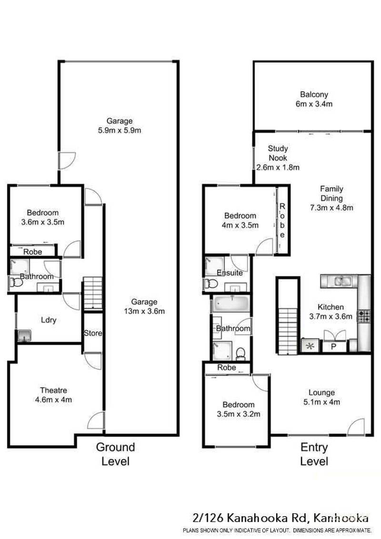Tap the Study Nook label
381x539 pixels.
[278, 158]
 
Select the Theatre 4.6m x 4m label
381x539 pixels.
[56, 395]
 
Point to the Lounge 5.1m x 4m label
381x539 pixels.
[321, 397]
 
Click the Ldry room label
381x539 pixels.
[49, 320]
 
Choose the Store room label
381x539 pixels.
[93, 333]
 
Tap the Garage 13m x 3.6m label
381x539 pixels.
[144, 307]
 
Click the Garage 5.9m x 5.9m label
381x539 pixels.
[119, 125]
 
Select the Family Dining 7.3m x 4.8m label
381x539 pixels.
[331, 198]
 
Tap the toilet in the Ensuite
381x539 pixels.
[211, 284]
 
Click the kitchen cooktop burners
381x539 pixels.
[364, 316]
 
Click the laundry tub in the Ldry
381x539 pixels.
[23, 336]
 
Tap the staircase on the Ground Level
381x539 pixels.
[93, 294]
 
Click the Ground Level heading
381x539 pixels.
[115, 454]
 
